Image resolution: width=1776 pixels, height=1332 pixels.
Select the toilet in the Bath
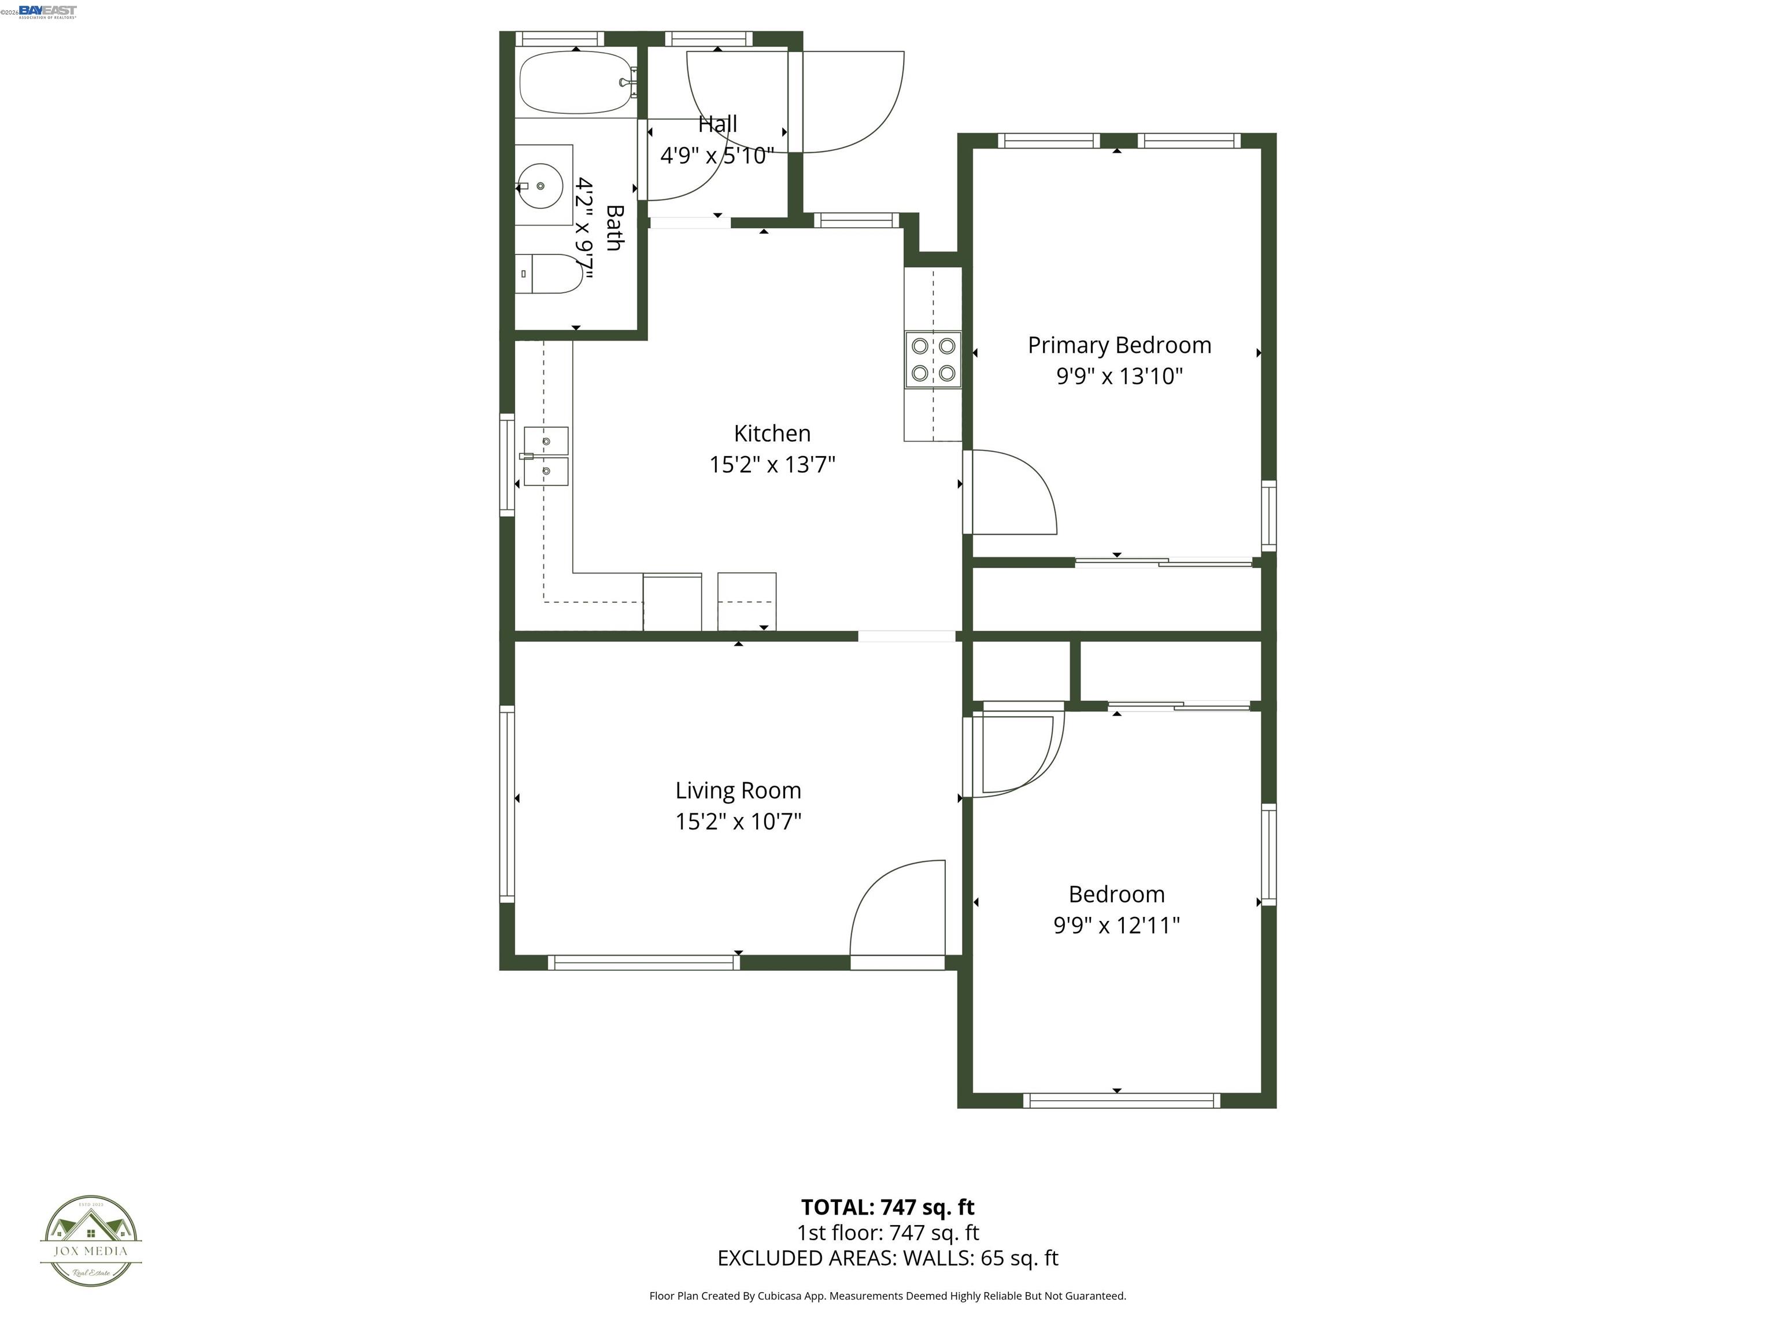pyautogui.click(x=549, y=274)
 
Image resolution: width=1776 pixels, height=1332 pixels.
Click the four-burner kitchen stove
pyautogui.click(x=933, y=360)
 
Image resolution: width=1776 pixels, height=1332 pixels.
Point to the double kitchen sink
pyautogui.click(x=546, y=456)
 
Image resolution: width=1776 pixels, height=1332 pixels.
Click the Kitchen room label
pyautogui.click(x=772, y=434)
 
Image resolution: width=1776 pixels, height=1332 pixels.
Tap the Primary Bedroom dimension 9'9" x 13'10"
pyautogui.click(x=1119, y=376)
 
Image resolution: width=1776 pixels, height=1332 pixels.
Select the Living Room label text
pyautogui.click(x=738, y=790)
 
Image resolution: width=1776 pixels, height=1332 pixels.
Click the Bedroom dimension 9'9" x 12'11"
pyautogui.click(x=1116, y=925)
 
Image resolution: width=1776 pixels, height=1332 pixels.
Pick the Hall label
pyautogui.click(x=717, y=124)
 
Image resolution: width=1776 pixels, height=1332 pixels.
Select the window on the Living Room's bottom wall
pyautogui.click(x=644, y=962)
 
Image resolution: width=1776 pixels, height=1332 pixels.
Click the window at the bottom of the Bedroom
pyautogui.click(x=1121, y=1101)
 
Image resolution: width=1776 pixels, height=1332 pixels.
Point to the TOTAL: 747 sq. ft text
pyautogui.click(x=887, y=1207)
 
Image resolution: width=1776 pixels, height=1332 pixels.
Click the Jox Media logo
pyautogui.click(x=91, y=1241)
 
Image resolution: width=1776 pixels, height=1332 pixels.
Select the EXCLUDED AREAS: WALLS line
pyautogui.click(x=887, y=1258)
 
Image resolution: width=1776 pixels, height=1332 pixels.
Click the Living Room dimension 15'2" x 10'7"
pyautogui.click(x=738, y=822)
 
